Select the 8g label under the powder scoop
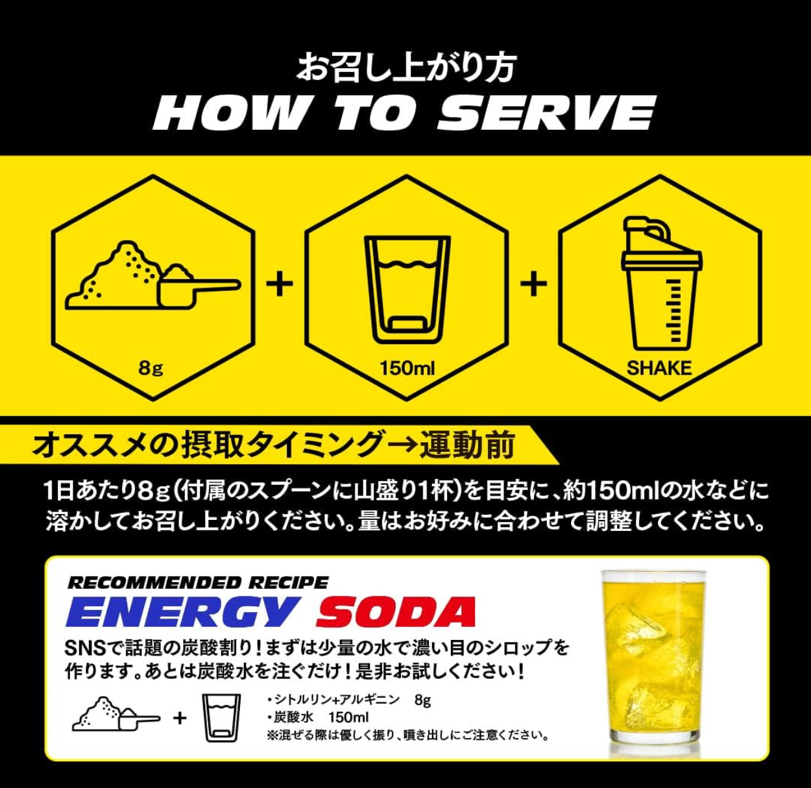point(151,368)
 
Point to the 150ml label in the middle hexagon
point(407,368)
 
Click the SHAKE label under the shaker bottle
point(659,368)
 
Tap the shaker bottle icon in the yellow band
point(661,283)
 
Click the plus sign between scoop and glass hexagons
point(280,284)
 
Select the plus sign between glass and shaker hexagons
point(533,284)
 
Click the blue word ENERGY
point(182,611)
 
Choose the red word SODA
point(396,611)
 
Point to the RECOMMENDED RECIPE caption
point(198,582)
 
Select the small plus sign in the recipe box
point(180,718)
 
